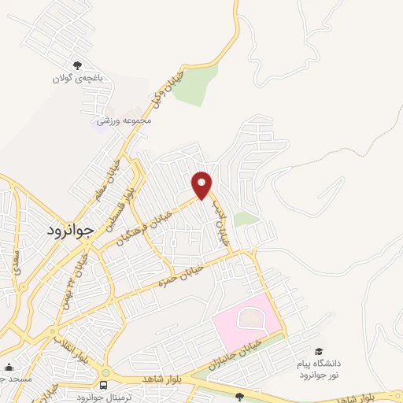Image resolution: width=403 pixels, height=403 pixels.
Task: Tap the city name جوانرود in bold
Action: click(65, 231)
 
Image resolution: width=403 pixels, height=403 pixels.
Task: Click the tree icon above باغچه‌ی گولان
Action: click(76, 66)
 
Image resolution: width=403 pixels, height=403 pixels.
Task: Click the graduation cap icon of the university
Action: click(319, 351)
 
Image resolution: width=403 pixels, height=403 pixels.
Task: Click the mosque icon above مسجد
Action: click(9, 367)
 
